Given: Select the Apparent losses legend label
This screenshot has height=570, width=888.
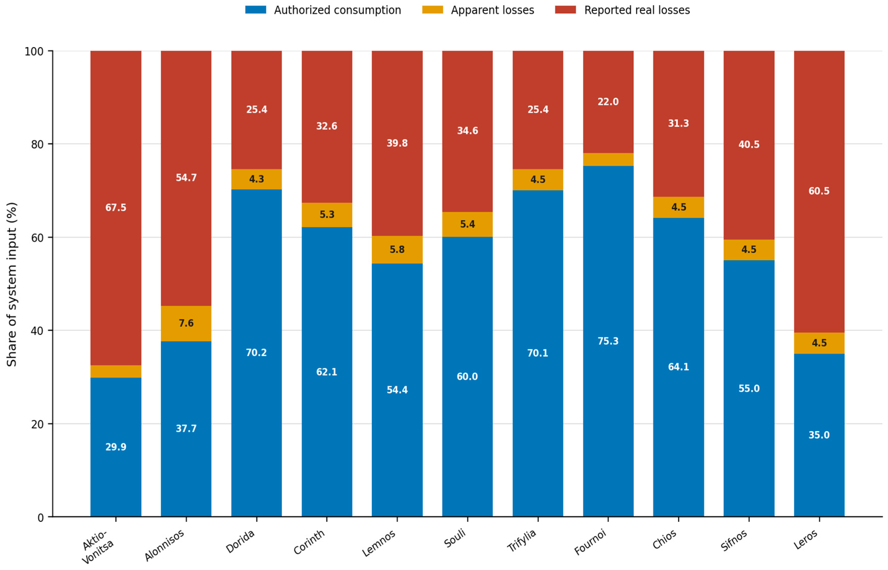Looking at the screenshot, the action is [x=492, y=10].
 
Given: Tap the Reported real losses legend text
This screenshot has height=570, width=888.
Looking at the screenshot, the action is [x=637, y=10].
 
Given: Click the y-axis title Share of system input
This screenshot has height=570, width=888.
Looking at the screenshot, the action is [x=12, y=284].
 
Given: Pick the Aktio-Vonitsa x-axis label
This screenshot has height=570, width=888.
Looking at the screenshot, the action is [x=97, y=546].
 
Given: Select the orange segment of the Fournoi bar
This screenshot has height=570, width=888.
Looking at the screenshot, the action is [x=608, y=160].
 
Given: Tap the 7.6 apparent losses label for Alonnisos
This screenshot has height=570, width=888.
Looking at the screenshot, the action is [x=186, y=323].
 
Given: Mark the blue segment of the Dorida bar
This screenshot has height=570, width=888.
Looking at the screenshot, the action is [x=256, y=353].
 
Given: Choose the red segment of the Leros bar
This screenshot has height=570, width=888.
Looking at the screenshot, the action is [x=819, y=192].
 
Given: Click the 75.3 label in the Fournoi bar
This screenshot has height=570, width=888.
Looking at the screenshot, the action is [x=608, y=341].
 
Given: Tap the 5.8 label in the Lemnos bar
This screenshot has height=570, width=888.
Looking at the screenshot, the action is [x=397, y=249].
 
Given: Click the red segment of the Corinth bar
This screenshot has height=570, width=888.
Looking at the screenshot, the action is [x=327, y=126].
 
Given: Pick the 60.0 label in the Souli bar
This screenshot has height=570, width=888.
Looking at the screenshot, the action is [x=467, y=376].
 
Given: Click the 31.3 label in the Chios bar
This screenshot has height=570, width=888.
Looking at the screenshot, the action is [x=678, y=123].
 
